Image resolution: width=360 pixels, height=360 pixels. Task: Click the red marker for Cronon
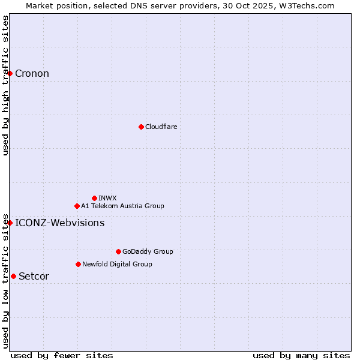[10, 73]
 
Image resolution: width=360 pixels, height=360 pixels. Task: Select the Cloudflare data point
[141, 127]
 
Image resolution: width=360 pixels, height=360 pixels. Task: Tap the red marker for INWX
[94, 198]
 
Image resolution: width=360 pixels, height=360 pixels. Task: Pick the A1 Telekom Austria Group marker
[77, 206]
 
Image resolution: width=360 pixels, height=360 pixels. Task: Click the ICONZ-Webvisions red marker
[10, 223]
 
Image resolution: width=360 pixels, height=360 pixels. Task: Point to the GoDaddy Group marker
[118, 251]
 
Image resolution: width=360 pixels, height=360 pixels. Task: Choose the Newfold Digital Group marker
[78, 264]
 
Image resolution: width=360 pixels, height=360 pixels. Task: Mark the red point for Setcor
[13, 276]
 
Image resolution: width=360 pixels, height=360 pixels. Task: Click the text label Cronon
[32, 74]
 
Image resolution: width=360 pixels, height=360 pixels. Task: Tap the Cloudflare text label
[161, 127]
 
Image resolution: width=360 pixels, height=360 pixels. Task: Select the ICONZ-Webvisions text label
[59, 223]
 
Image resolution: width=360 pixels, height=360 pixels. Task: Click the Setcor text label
[34, 277]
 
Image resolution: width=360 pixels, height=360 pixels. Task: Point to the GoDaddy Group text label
[148, 252]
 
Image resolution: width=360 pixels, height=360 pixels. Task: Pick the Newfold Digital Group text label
[117, 264]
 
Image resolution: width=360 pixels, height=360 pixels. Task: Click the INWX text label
[107, 198]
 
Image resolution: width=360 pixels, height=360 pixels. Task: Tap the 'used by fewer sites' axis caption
[62, 355]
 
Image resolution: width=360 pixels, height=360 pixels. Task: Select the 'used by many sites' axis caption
[301, 355]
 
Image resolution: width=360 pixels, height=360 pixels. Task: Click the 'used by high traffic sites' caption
[5, 85]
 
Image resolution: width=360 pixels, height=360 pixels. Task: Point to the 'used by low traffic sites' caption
[5, 280]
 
